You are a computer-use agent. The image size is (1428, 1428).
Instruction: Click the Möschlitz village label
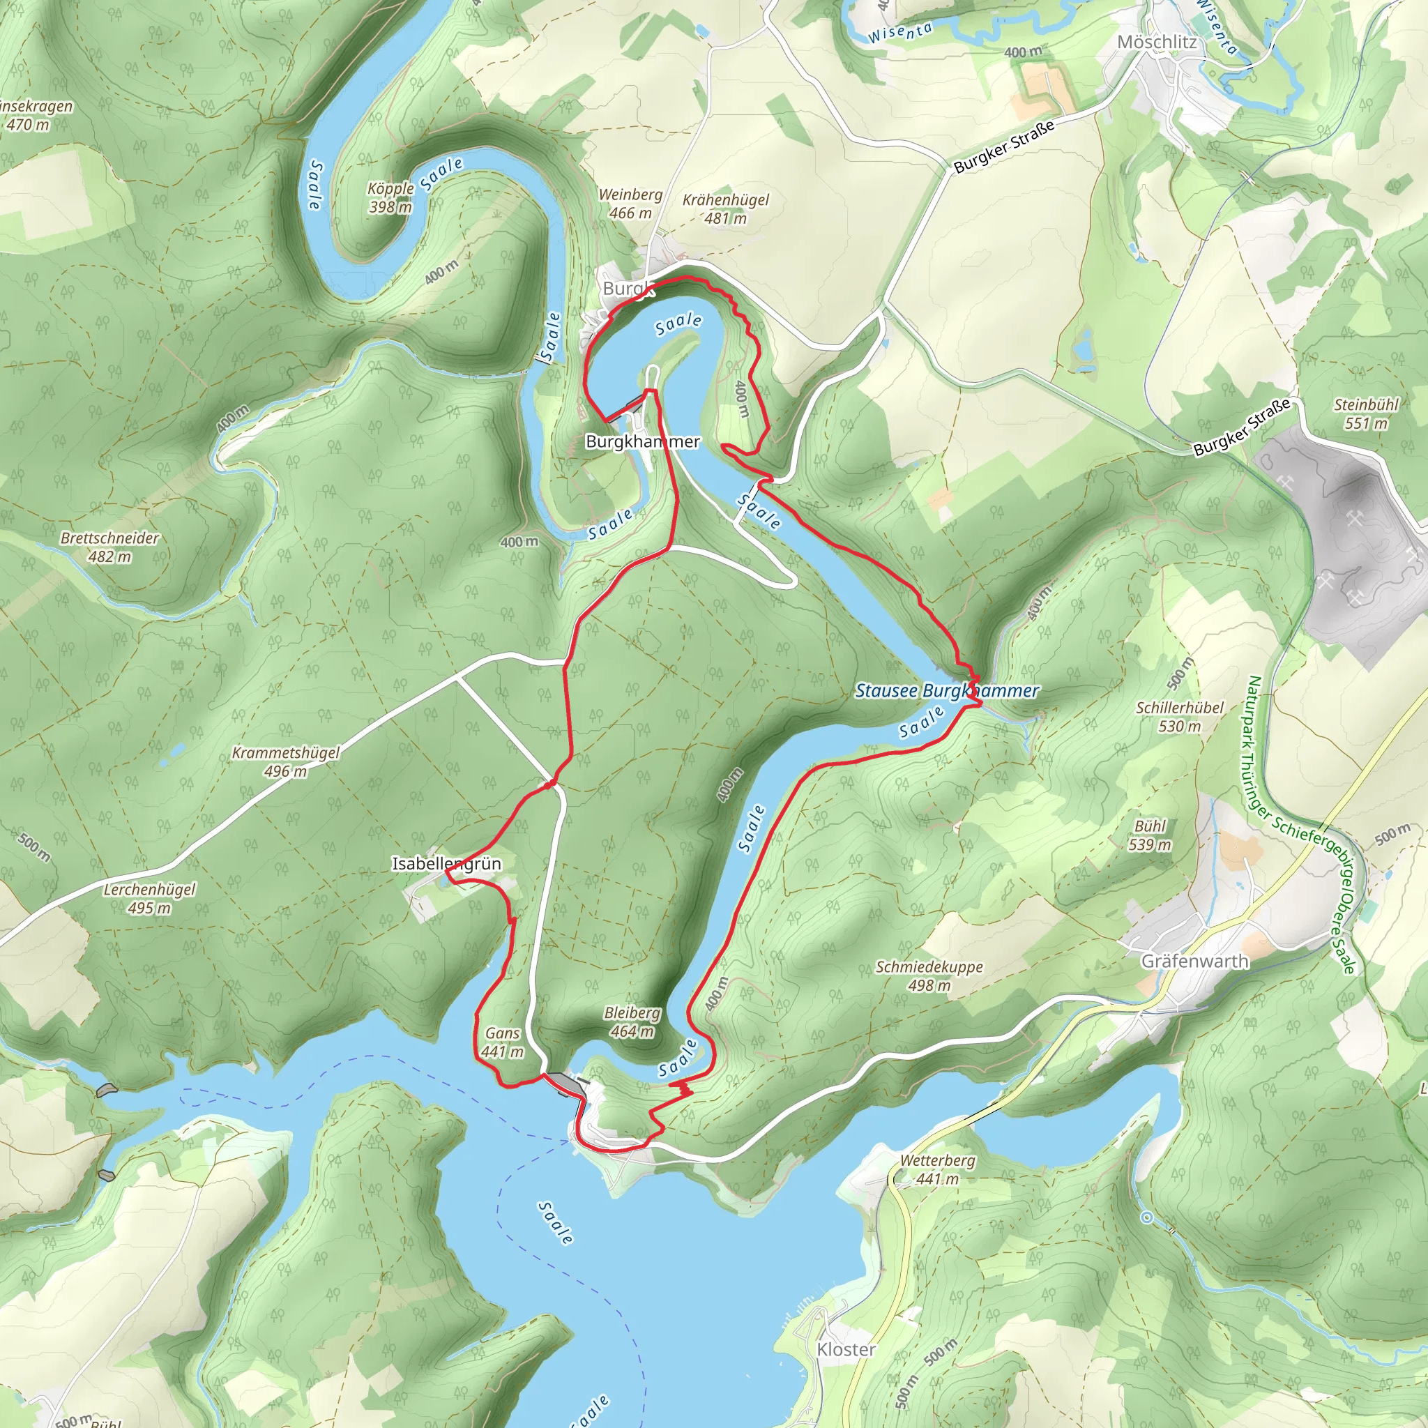point(1157,42)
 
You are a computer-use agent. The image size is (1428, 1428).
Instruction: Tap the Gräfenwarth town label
point(1195,961)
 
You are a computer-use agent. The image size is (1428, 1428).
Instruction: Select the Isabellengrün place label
point(446,863)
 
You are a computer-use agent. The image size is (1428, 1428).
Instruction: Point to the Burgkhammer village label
point(642,441)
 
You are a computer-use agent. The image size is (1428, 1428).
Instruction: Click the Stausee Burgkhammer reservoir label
point(947,690)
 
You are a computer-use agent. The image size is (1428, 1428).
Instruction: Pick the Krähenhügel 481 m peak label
point(726,208)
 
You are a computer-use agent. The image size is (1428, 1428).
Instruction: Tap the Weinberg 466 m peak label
point(630,204)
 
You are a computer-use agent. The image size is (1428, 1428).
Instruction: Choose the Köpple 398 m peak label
point(390,197)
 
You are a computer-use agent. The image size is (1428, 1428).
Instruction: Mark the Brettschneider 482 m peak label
point(109,547)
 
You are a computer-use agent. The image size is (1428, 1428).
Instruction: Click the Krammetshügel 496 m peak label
point(286,761)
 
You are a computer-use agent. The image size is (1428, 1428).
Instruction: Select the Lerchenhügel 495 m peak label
point(149,898)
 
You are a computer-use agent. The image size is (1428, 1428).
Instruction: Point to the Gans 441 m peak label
point(503,1042)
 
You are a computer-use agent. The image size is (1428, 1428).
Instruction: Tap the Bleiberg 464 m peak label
point(632,1021)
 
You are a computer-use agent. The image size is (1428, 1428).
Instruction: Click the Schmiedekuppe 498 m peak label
point(929,975)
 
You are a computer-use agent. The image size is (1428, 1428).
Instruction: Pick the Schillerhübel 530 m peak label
point(1180,716)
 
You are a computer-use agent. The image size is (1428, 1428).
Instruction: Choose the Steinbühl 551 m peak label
point(1366,414)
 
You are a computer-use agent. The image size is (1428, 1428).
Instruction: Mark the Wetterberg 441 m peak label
point(937,1169)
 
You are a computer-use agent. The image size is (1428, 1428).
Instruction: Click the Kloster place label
point(846,1349)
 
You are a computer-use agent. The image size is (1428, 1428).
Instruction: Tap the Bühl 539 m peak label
point(1150,835)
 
